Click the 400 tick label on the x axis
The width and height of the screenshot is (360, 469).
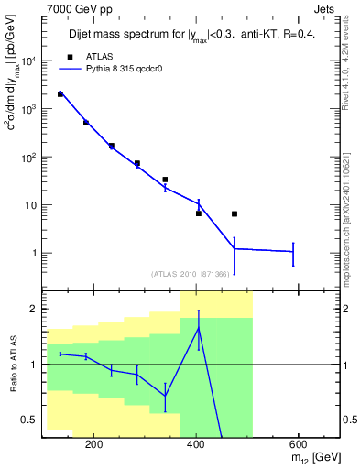(x=196, y=443)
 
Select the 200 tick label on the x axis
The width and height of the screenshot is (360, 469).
(x=93, y=443)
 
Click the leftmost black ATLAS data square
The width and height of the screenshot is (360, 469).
(x=60, y=94)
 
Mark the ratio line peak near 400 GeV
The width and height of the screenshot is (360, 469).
(x=198, y=328)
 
